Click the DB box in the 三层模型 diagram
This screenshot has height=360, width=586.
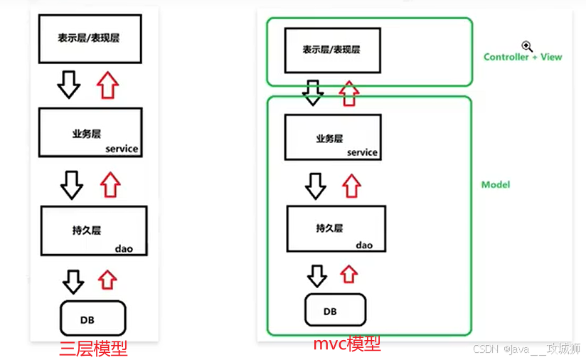pos(92,317)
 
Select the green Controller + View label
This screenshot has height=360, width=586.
pos(523,57)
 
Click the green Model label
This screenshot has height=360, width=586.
pos(496,185)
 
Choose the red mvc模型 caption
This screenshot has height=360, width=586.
pos(347,344)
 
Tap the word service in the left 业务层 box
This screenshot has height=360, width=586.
pos(122,149)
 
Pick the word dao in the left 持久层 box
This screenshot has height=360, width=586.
pos(124,248)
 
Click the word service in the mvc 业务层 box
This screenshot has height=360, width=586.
pos(362,153)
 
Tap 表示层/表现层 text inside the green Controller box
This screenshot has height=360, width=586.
pos(331,50)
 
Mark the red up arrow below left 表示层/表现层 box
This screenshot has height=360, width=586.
pos(107,85)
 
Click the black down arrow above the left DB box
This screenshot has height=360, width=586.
pos(73,281)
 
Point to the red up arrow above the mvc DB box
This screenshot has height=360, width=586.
pos(348,273)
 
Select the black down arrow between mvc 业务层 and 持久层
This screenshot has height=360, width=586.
pos(315,186)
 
